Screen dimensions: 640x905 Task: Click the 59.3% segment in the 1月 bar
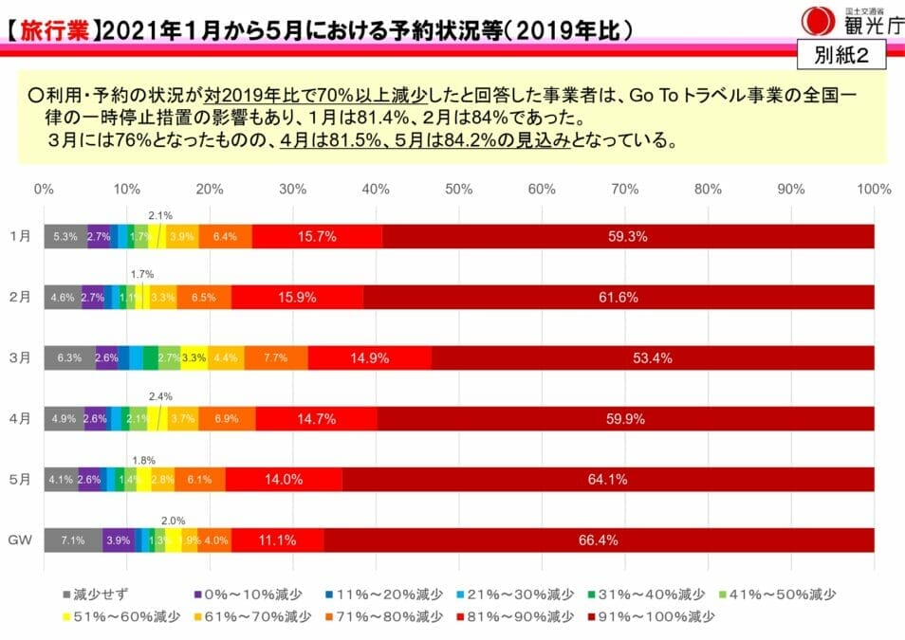coord(627,237)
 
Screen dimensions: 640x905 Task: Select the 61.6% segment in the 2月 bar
coord(619,298)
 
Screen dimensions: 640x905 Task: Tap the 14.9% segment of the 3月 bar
coord(370,357)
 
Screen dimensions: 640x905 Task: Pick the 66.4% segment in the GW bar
coord(599,540)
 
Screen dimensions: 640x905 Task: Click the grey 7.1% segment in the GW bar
coord(73,540)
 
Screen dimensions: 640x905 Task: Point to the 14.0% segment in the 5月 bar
coord(284,480)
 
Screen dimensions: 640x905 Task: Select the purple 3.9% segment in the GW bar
coord(119,540)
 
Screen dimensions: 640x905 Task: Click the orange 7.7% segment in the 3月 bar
coord(276,357)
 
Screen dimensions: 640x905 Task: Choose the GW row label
coord(20,540)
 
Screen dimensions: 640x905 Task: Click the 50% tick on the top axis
coord(459,189)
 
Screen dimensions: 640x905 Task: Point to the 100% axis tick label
coord(873,189)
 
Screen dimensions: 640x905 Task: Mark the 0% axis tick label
coord(44,189)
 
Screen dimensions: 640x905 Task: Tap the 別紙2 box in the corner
coord(841,55)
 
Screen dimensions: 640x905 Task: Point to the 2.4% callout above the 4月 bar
coord(161,396)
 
